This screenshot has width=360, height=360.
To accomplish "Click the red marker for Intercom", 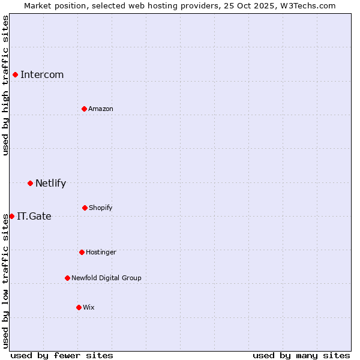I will click(x=15, y=74).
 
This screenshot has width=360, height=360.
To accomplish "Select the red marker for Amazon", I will click(x=84, y=109).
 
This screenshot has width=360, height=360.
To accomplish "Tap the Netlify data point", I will click(x=30, y=183).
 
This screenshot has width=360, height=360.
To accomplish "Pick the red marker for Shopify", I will click(x=85, y=208).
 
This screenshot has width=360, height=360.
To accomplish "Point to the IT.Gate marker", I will click(x=11, y=216).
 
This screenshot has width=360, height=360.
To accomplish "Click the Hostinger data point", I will click(x=82, y=252).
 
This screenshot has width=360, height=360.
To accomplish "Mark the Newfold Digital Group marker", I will click(x=67, y=278).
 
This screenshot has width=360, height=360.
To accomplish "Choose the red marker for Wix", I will click(x=79, y=307).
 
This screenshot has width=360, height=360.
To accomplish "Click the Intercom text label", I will click(x=42, y=74).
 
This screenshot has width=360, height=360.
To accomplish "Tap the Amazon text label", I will click(x=101, y=109).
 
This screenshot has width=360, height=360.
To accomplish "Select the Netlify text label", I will click(x=50, y=183).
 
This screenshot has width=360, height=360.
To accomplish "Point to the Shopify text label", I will click(x=101, y=208).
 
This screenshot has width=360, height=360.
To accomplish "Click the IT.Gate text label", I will click(x=34, y=216).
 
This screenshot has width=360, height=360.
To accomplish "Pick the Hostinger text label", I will click(x=101, y=252).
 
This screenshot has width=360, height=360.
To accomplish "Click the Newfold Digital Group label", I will click(x=106, y=278).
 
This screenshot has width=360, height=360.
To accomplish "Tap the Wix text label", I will click(x=89, y=307).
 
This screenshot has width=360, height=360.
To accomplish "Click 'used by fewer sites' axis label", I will click(x=62, y=355).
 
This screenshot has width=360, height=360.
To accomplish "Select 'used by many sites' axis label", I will click(x=301, y=355).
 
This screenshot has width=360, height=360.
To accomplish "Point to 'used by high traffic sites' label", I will click(x=5, y=85).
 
